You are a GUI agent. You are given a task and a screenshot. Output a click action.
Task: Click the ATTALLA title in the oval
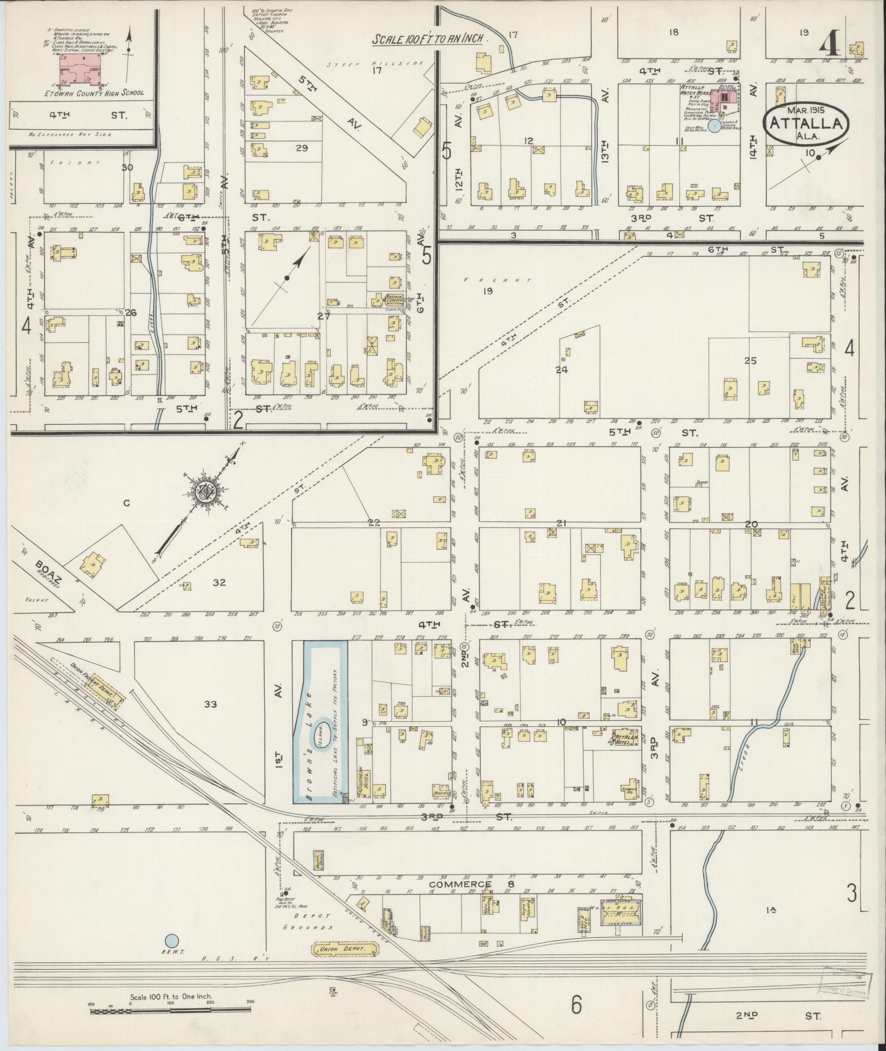click(x=806, y=123)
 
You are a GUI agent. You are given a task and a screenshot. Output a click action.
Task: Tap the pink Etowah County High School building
click(x=81, y=70)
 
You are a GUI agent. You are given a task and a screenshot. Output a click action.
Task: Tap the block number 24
click(x=561, y=370)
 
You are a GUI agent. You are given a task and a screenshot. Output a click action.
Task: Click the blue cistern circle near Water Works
click(x=714, y=126)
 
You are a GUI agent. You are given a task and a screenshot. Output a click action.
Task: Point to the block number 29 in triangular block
click(x=301, y=148)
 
